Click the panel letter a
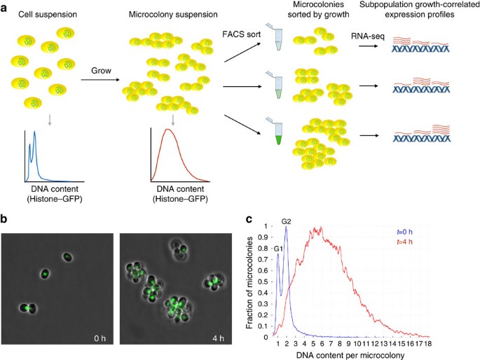(6, 7)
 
